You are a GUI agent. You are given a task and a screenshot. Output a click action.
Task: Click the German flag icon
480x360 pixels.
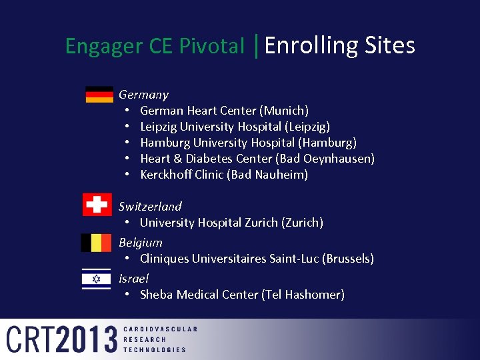pos(99,95)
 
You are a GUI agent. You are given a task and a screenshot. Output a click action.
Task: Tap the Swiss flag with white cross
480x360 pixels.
pos(97,205)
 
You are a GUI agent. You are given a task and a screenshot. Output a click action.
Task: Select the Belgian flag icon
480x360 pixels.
pos(96,243)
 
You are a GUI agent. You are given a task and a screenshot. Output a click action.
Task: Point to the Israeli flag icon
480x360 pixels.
pos(96,279)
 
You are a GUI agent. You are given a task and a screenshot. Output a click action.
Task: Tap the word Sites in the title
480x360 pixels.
pos(390,45)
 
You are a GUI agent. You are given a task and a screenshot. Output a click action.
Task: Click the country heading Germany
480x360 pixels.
pos(143,95)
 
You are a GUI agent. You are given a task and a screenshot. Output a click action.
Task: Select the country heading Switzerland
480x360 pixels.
pos(150,207)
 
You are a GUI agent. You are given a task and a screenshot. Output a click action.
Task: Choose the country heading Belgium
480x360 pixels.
pos(140,243)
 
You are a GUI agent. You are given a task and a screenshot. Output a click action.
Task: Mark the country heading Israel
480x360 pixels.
pos(133,279)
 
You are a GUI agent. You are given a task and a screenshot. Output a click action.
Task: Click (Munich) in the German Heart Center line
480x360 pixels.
pos(284,111)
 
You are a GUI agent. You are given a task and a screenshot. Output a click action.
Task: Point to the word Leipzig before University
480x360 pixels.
pos(159,127)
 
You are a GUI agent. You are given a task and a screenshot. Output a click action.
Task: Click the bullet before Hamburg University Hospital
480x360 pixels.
pos(128,143)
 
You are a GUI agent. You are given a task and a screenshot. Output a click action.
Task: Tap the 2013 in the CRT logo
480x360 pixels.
pos(87,339)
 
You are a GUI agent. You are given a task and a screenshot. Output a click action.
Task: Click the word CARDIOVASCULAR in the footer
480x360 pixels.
pos(161,329)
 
